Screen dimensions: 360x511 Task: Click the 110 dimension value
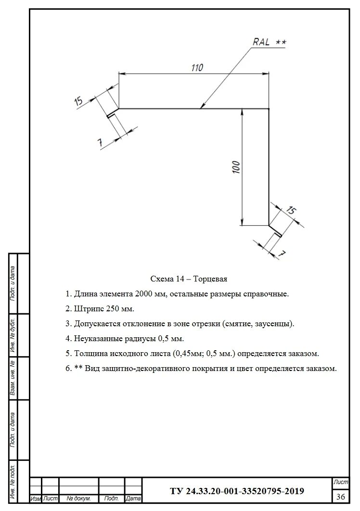(x=196, y=68)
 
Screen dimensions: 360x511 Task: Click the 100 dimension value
(x=236, y=167)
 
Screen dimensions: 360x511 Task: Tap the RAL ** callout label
(x=270, y=42)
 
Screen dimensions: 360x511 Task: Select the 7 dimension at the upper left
(x=100, y=142)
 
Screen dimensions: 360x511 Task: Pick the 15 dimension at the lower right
(x=291, y=210)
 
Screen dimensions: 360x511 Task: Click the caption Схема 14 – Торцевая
(x=189, y=279)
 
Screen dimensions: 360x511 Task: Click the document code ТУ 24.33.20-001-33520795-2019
(x=237, y=491)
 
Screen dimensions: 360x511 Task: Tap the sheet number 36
(x=341, y=496)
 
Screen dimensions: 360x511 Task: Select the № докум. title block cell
(x=78, y=499)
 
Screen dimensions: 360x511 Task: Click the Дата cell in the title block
(x=133, y=499)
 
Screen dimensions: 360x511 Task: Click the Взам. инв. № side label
(x=13, y=378)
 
